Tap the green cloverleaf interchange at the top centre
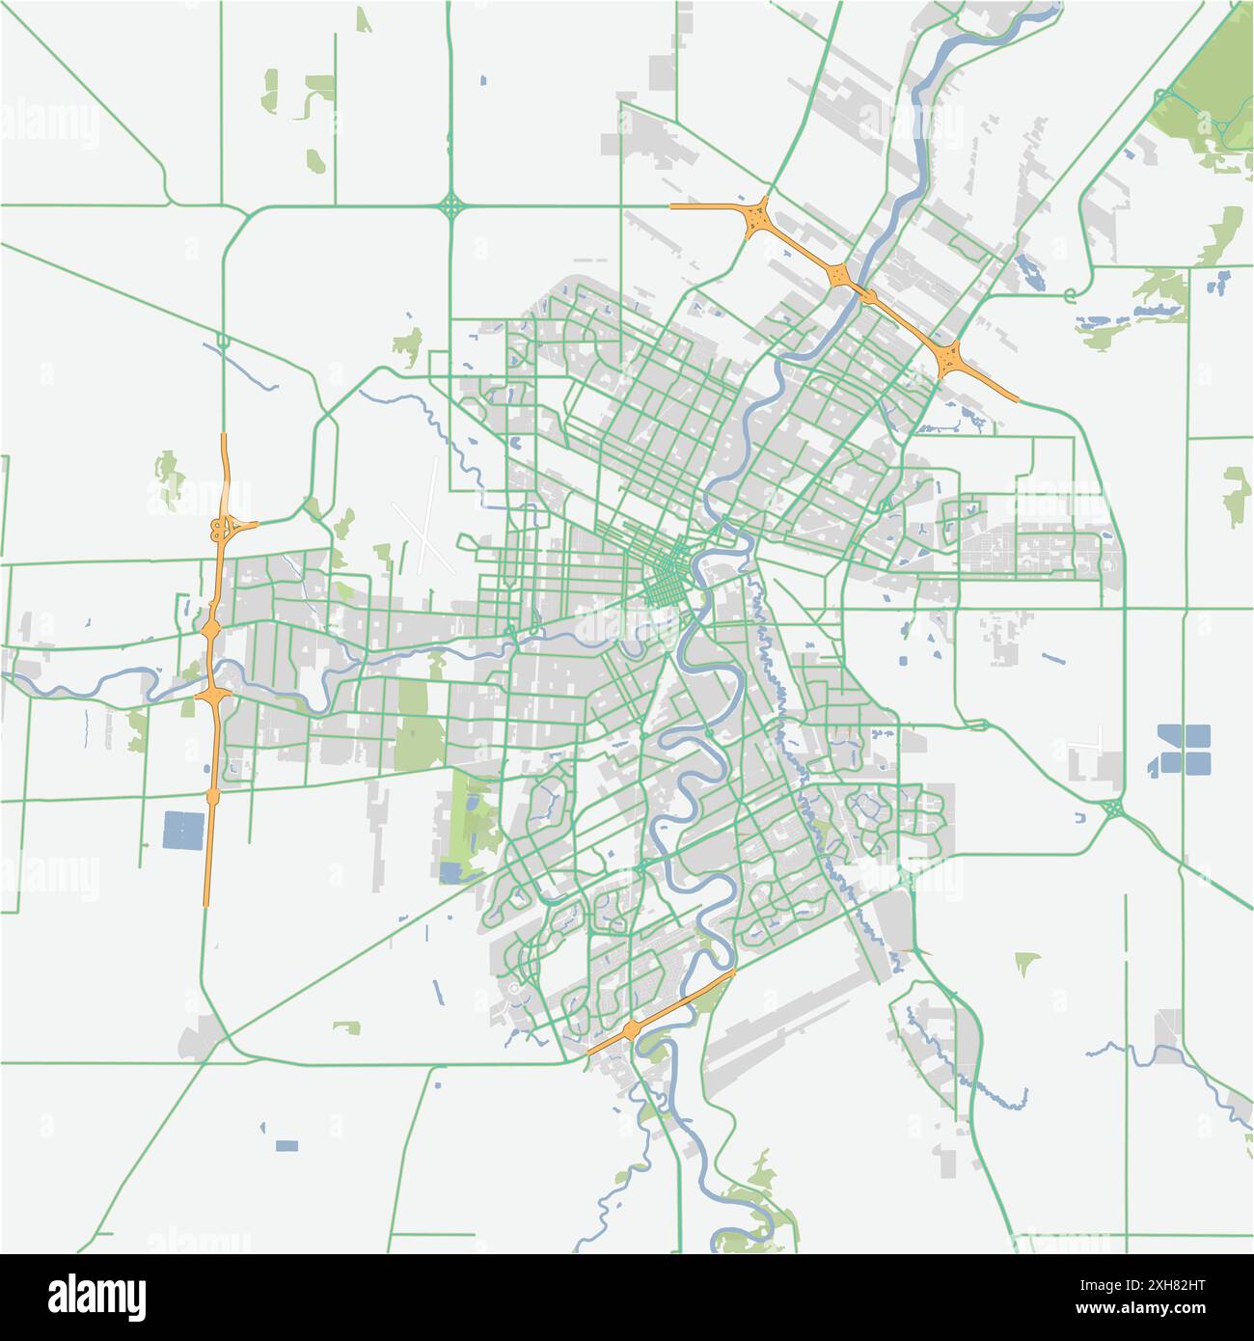pos(450,205)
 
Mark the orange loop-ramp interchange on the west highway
pos(224,527)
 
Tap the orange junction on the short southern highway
pos(631,1030)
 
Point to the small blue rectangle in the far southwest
pos(286,1145)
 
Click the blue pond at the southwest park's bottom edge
pos(450,873)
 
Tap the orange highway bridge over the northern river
pos(865,293)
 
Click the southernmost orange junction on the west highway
pos(212,796)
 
